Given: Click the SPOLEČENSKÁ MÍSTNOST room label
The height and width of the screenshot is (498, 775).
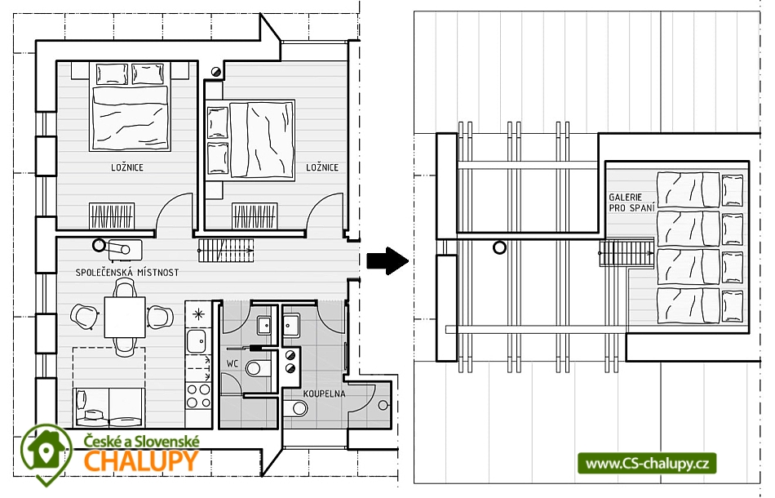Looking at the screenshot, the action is [127, 272].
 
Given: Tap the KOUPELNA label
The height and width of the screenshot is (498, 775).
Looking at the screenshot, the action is [324, 394].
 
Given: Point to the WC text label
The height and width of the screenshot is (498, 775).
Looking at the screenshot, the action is [232, 364].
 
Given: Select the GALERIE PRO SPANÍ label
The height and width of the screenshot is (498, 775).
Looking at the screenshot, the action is [631, 202].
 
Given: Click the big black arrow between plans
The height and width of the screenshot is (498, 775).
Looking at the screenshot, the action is [387, 260].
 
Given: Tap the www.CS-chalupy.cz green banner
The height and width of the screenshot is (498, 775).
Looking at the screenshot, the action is [647, 464].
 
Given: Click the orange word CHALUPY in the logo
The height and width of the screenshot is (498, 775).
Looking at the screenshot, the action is [141, 461].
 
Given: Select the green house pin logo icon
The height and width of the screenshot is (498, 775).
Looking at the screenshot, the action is [46, 452].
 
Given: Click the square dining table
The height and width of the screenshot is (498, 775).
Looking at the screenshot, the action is [125, 317].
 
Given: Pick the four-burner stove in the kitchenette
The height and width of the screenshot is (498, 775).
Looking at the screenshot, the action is [198, 396].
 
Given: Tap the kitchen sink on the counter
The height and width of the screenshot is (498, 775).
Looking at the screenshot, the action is [197, 341].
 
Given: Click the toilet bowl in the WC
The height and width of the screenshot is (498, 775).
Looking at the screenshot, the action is [257, 368].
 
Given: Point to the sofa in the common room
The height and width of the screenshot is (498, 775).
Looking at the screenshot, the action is [108, 407].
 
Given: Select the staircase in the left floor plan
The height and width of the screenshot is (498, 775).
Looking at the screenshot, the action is [225, 251].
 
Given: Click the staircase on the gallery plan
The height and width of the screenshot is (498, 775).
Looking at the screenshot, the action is [627, 253].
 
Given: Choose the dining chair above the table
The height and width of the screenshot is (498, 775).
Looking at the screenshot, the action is [124, 287].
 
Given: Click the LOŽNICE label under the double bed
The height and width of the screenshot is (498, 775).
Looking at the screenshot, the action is [127, 167].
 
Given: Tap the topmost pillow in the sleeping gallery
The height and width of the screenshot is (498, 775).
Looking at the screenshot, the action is [732, 190].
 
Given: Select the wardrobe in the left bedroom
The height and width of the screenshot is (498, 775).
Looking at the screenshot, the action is [112, 216].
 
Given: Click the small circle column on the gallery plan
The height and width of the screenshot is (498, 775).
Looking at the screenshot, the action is [500, 247].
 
